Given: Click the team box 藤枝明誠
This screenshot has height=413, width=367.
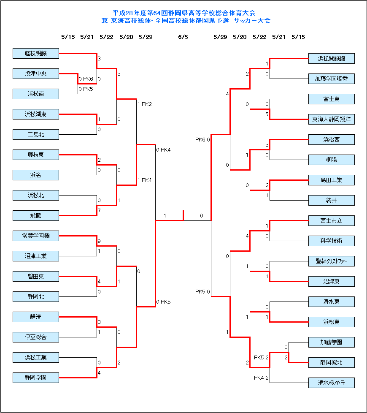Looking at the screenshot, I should (x=36, y=54).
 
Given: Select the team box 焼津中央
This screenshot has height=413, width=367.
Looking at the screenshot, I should (x=36, y=74).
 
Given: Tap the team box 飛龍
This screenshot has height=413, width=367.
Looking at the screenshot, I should (x=36, y=216).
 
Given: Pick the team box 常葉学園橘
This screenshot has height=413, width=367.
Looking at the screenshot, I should (x=36, y=236).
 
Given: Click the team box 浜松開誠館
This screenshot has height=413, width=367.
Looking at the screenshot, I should (x=331, y=59).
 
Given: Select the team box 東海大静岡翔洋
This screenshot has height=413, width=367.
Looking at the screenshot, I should (x=331, y=120).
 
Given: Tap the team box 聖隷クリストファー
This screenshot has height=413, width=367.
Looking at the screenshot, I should (x=331, y=261).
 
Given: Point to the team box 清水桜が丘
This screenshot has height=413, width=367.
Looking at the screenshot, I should (x=331, y=383).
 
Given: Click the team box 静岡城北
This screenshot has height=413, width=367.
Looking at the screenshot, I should (x=331, y=363).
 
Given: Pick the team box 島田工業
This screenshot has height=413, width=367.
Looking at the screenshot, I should (x=331, y=180).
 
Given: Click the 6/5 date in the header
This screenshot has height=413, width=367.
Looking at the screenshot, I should (x=183, y=37).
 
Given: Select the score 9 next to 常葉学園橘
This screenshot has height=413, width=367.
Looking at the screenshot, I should (x=99, y=242).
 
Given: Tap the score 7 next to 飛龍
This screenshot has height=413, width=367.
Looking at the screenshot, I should (x=99, y=211).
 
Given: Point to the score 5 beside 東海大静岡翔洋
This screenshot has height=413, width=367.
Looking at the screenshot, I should (x=267, y=114).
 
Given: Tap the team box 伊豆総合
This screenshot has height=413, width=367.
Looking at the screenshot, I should (x=36, y=337).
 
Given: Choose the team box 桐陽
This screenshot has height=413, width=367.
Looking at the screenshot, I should (x=331, y=160).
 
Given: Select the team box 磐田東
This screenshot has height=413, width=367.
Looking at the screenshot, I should (x=36, y=277).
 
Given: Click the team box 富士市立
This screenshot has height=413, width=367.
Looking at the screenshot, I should (x=331, y=221).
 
